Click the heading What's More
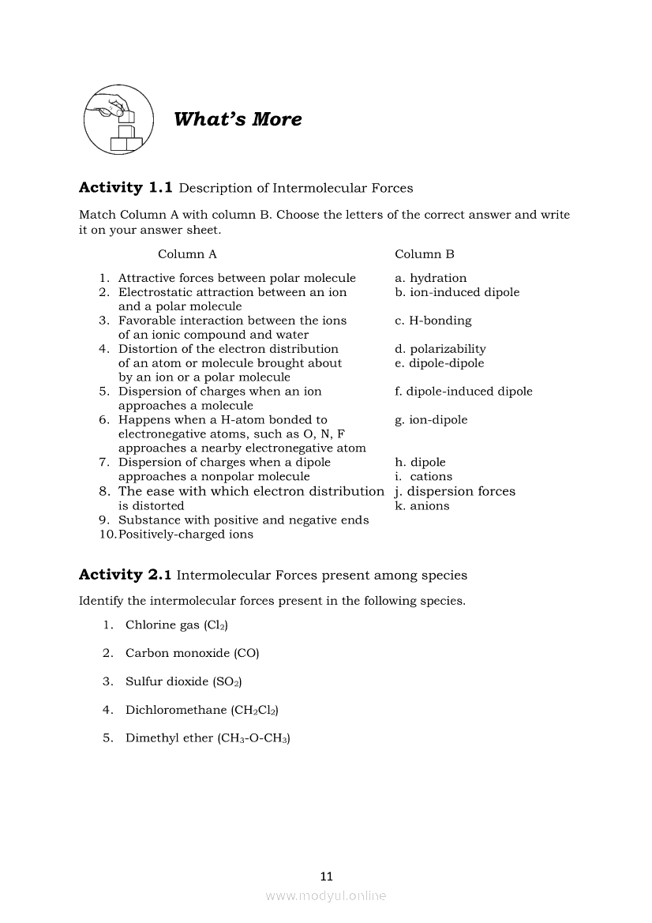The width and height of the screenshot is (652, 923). pos(238,120)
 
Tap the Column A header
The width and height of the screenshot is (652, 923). pos(187,254)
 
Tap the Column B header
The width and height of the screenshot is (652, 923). pos(425,254)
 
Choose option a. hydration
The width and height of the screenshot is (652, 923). pos(431,278)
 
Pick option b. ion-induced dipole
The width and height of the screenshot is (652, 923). pos(457,292)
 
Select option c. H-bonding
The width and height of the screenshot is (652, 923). pos(433,321)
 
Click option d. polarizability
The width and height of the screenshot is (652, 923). pos(440,349)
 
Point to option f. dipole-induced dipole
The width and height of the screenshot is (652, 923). pos(463,392)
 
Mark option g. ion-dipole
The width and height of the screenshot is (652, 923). pos(431,420)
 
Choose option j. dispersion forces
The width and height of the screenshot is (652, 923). pos(455,491)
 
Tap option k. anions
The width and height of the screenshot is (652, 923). pos(422,506)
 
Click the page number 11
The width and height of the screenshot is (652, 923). pos(327,876)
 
